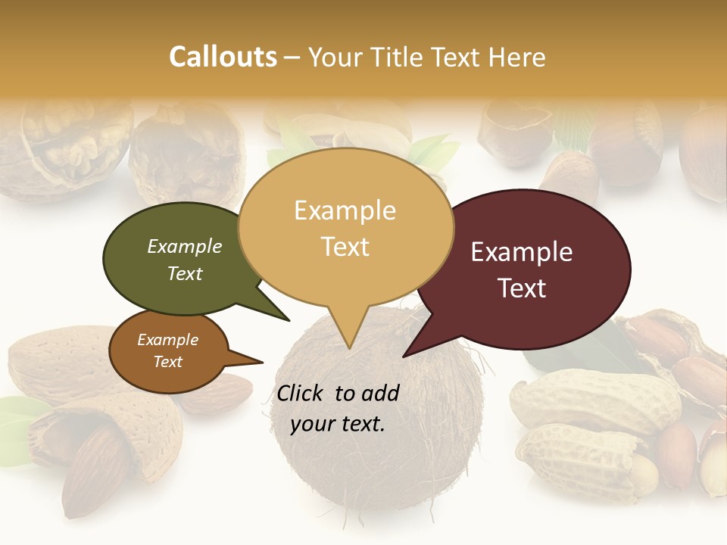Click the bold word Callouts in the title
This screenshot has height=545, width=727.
click(x=223, y=57)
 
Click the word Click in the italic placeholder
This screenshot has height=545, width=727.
click(x=302, y=393)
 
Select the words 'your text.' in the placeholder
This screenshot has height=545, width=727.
click(x=338, y=424)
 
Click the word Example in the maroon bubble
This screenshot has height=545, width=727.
click(x=522, y=252)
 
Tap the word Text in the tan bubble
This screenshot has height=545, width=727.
click(x=345, y=246)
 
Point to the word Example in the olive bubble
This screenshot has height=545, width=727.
click(x=185, y=247)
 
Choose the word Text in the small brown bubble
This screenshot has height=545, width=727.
click(x=168, y=362)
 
